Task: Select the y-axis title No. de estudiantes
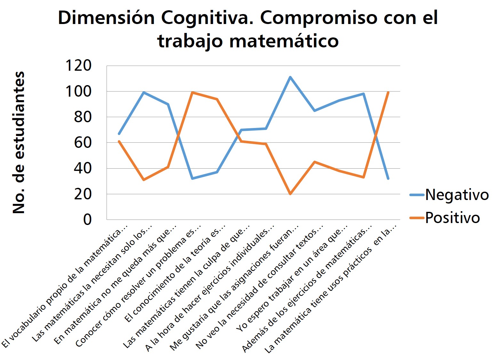point(19,142)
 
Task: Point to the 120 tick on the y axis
point(78,66)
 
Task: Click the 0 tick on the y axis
point(87,220)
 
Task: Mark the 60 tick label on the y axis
point(83,143)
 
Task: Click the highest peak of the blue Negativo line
point(290,77)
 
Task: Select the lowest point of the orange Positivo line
point(290,194)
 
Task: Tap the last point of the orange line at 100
point(388,92)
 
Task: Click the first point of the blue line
point(119,134)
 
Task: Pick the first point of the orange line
point(119,141)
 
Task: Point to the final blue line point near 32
point(388,179)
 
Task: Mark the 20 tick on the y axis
point(83,194)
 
